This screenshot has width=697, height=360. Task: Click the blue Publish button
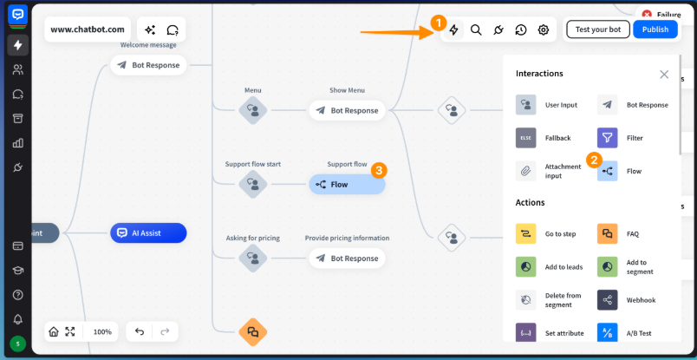coord(655,29)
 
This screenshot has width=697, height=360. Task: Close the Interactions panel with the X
coord(664,75)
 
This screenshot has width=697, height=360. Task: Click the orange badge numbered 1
coord(439,21)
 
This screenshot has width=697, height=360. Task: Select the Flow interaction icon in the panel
coord(608,171)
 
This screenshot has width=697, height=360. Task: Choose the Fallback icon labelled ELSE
coord(526,138)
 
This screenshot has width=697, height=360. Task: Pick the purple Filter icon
coord(608,138)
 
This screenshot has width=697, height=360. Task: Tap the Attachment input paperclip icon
coord(526,171)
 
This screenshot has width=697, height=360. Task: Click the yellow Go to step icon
coord(526,233)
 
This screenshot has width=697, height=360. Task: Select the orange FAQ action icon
coord(608,233)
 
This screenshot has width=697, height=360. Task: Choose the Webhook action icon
coord(608,300)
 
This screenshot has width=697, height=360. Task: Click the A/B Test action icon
coord(608,333)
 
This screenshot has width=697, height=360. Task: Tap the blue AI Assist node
coord(148,232)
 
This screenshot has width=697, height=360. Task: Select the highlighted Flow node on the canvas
coord(347,184)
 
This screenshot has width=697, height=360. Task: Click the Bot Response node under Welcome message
coord(148,64)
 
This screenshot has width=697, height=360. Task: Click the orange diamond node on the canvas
coord(253,331)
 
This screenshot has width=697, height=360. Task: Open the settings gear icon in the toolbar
coord(544,29)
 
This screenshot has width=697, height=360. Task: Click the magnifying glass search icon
coord(476,29)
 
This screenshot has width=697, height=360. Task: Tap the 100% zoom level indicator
coord(102,331)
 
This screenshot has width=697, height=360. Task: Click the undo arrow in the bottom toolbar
coord(140,331)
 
